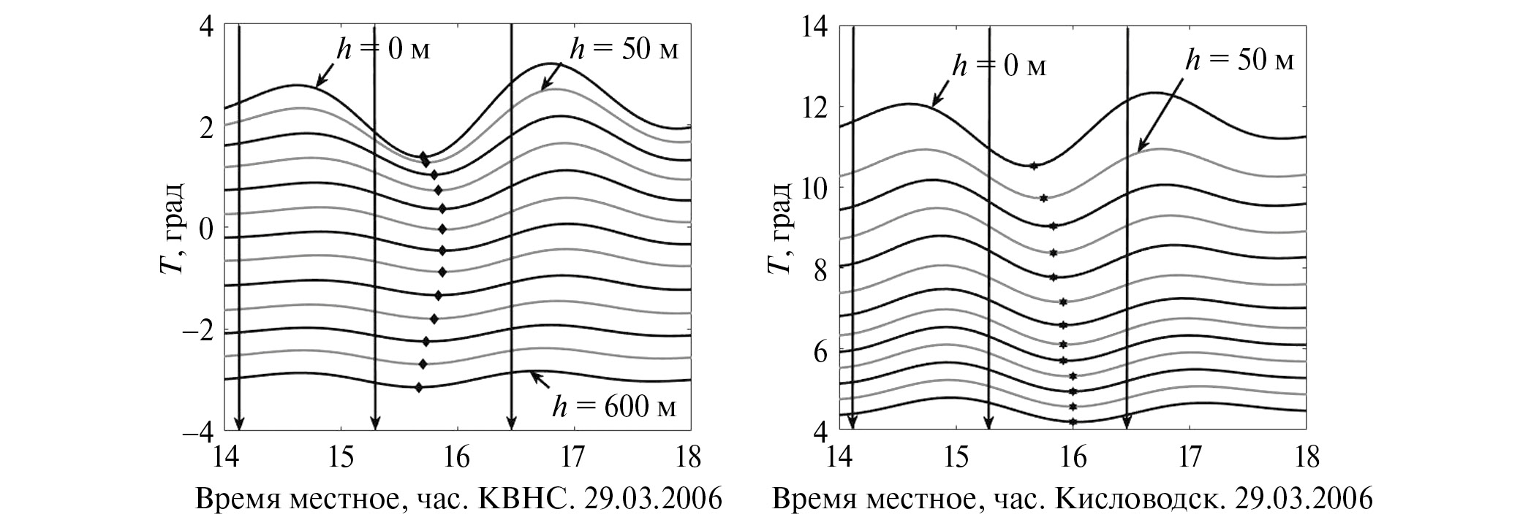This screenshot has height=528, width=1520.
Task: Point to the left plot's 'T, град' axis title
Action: [170, 228]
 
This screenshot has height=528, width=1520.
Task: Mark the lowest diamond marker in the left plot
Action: [418, 387]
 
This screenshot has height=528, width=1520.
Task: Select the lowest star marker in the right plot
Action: [1073, 421]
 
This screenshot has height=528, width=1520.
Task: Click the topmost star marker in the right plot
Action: [1034, 166]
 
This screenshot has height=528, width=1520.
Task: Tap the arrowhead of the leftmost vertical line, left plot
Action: [238, 424]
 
